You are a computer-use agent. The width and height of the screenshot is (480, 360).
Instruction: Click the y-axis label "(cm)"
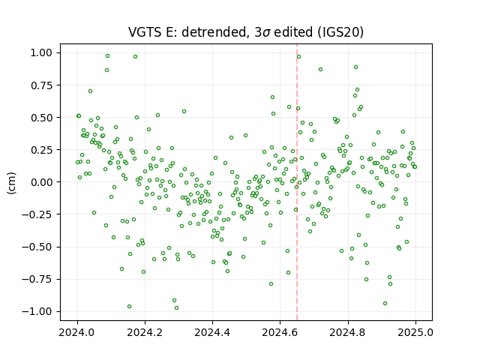11,183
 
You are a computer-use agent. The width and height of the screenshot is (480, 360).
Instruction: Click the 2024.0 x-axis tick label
77,332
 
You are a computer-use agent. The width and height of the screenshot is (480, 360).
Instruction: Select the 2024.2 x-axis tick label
145,332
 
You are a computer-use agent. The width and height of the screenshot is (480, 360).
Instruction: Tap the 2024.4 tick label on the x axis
212,332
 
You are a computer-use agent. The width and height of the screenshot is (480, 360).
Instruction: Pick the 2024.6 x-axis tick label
280,332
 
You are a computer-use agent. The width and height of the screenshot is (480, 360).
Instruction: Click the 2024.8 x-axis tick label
348,332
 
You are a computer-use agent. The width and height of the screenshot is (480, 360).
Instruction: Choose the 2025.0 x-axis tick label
415,332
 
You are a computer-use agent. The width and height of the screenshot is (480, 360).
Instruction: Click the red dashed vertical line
297,182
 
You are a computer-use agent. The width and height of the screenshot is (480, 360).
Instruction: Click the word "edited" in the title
293,32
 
